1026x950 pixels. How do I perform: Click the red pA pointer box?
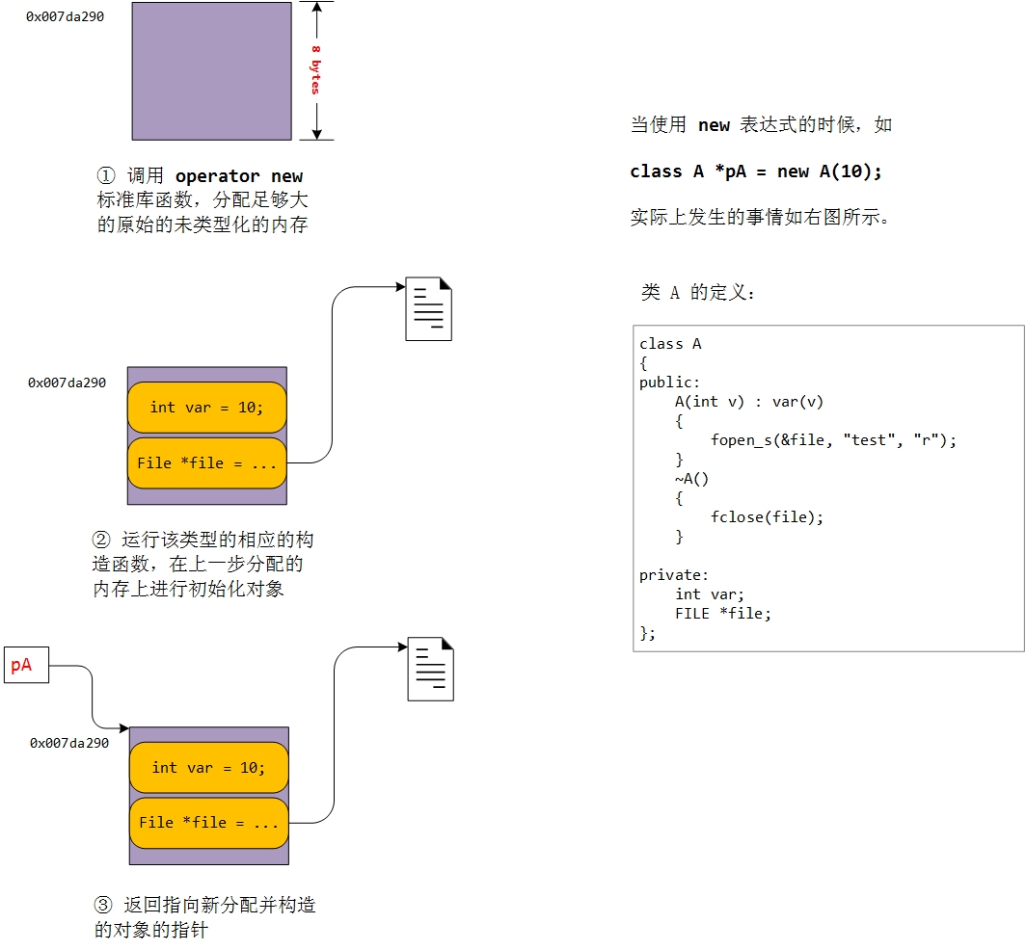[26, 665]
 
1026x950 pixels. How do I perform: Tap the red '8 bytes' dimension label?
[315, 69]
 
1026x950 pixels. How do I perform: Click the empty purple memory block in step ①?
[211, 71]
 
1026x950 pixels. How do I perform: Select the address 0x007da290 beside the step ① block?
[66, 17]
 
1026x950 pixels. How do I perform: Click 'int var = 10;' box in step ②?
[206, 408]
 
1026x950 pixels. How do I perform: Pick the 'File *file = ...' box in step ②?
[206, 463]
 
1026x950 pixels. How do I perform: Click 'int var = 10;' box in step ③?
[208, 768]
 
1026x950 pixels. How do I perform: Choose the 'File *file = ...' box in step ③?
[208, 823]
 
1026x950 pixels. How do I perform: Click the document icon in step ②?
[428, 308]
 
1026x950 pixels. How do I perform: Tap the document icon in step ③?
[430, 669]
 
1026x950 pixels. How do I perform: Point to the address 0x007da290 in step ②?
[67, 383]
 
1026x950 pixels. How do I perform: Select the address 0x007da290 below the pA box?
[69, 743]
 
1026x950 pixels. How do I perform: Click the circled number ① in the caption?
[105, 176]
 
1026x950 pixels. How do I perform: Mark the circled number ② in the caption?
[102, 539]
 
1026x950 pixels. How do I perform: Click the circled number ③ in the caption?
[103, 906]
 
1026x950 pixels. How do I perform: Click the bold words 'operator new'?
[239, 176]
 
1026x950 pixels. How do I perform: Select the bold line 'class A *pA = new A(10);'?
[756, 172]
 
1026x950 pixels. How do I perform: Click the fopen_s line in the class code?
[833, 440]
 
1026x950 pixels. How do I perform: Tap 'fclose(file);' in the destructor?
[768, 517]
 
